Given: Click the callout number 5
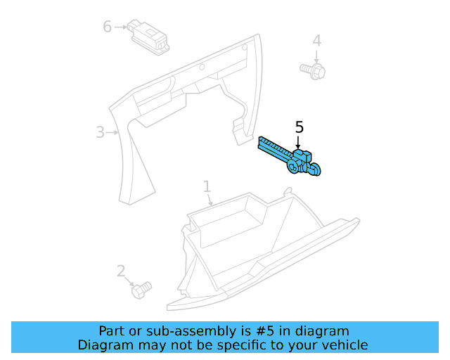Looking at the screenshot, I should [299, 127].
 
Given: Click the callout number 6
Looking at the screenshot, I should [107, 27].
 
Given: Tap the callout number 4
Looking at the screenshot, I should [316, 41].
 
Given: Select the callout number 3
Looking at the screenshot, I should [100, 131].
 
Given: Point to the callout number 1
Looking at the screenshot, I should [207, 186].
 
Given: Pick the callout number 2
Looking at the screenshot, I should [121, 271].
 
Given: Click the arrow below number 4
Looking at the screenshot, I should [316, 56].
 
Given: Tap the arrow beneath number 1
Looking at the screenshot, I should [209, 200].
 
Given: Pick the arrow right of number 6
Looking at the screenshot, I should [120, 27].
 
